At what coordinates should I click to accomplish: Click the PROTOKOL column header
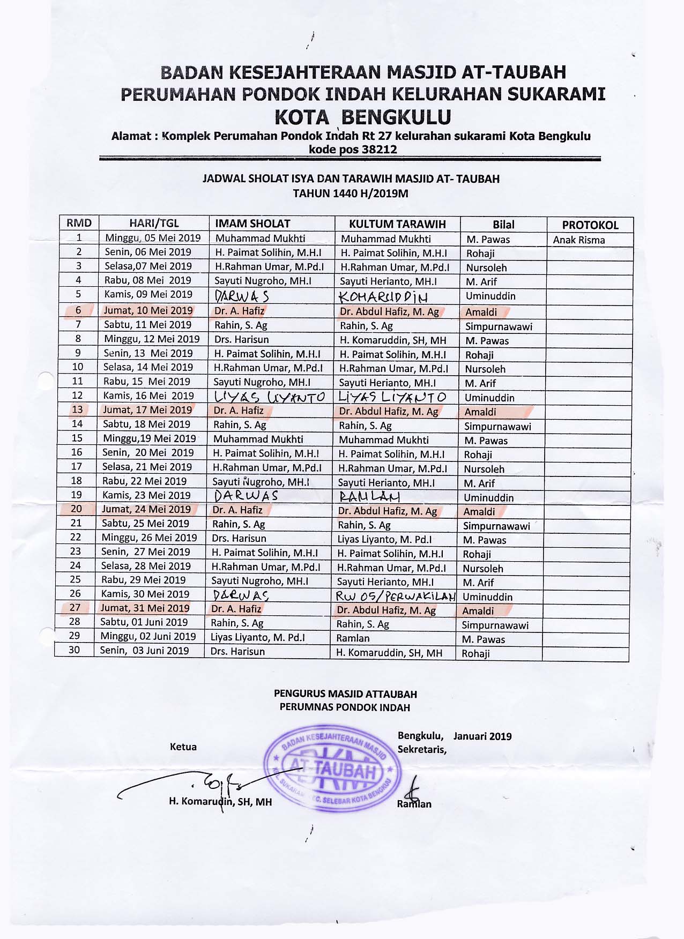click(590, 225)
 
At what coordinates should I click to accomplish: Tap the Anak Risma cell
click(578, 240)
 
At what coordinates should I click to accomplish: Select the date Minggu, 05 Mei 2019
click(153, 238)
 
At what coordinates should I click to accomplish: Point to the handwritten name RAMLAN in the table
click(369, 496)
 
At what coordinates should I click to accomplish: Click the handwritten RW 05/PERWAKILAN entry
click(395, 596)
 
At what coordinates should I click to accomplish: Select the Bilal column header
click(503, 225)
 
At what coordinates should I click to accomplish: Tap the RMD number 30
click(74, 650)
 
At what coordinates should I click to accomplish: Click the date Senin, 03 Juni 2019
click(144, 651)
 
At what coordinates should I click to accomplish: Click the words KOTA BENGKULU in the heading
click(363, 117)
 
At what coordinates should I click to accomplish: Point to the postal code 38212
click(379, 150)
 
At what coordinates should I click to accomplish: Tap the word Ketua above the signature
click(183, 747)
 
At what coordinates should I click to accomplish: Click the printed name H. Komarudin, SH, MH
click(220, 802)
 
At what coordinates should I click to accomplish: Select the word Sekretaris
click(422, 749)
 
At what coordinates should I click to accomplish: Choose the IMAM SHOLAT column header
click(252, 224)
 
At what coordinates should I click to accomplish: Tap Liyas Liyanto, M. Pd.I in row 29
click(257, 637)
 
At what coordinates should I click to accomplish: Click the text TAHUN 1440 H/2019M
click(350, 193)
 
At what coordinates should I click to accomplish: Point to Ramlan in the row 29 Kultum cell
click(353, 638)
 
